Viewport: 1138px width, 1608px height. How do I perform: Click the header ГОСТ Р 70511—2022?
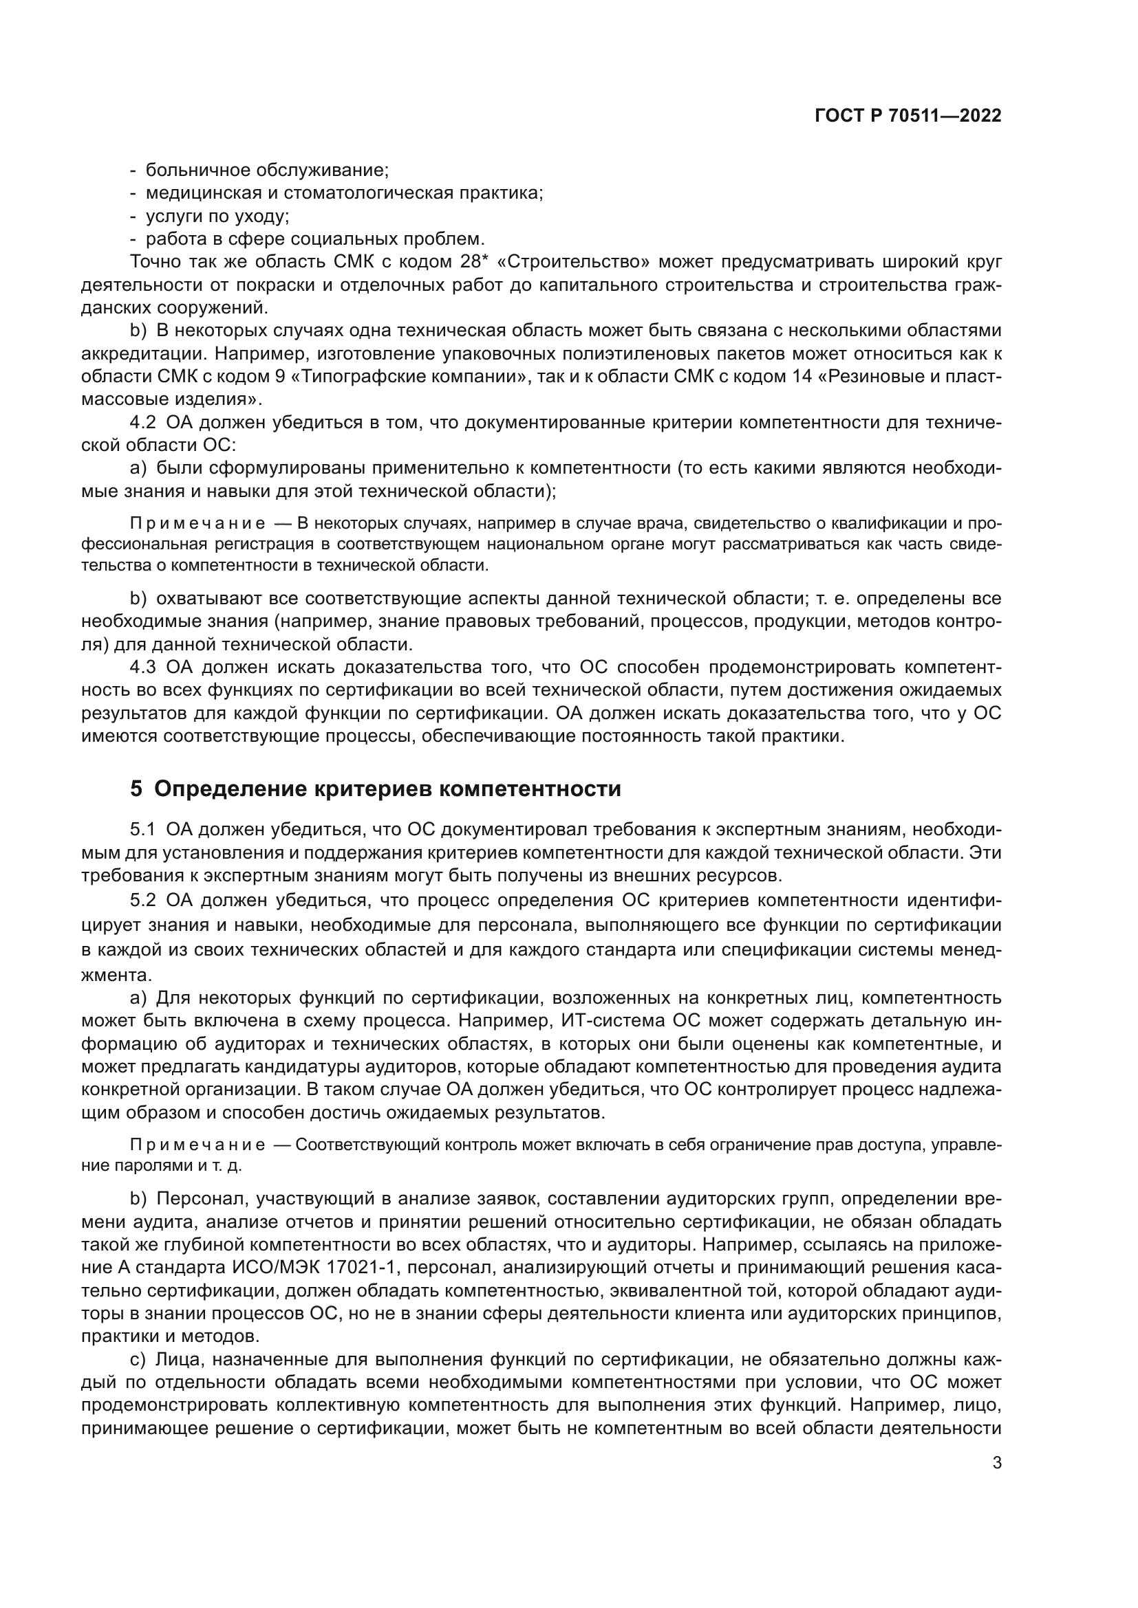(x=908, y=116)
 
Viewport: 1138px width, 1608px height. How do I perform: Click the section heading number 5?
(x=136, y=789)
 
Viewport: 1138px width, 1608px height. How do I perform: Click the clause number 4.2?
(x=143, y=422)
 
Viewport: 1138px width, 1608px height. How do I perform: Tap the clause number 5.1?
(x=142, y=830)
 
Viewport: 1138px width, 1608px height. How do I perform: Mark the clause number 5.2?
(x=143, y=899)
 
